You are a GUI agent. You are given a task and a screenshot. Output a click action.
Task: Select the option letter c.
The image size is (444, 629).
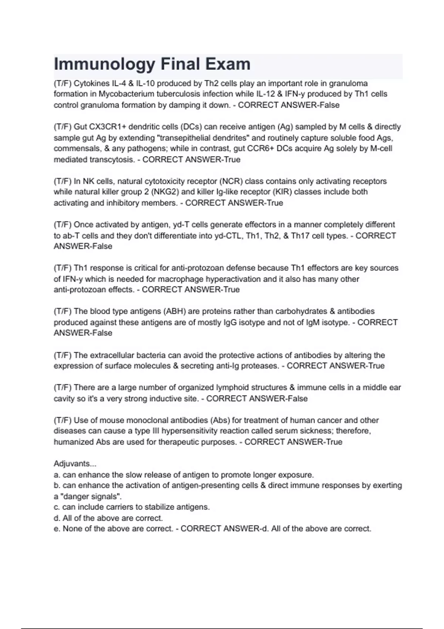pyautogui.click(x=57, y=507)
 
